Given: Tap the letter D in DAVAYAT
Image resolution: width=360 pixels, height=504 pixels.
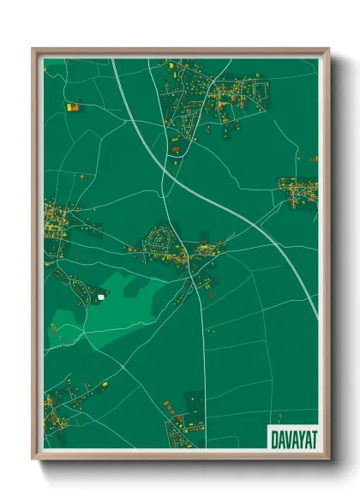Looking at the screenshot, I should (274, 437).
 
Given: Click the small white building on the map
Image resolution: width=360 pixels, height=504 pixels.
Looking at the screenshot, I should (101, 297).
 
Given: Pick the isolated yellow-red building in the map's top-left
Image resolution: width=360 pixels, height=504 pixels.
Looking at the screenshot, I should (72, 107).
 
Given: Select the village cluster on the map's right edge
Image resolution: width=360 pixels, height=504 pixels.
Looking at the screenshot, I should (298, 191).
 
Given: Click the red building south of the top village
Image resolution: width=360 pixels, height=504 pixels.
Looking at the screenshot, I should (176, 151).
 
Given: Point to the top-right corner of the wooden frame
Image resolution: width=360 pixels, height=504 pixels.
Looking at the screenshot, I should (328, 50).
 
